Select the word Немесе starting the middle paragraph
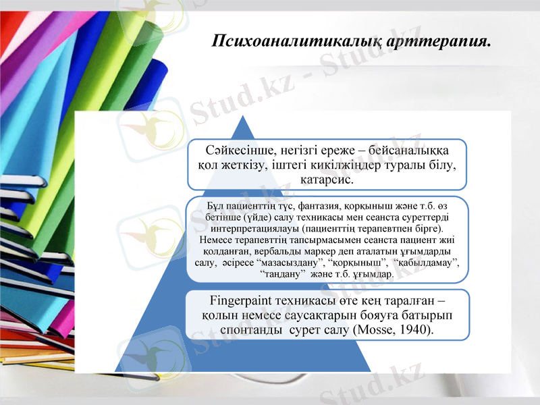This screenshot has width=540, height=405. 218,240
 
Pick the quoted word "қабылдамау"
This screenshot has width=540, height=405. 427,263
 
